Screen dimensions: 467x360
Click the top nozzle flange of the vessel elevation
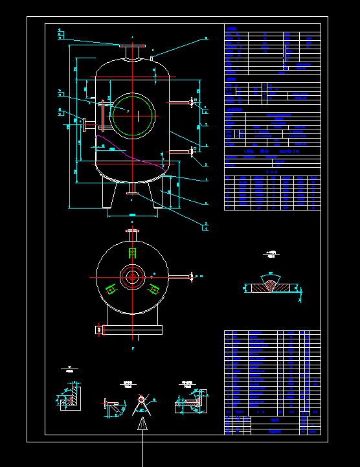coord(131,45)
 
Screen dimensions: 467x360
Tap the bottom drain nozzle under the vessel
coord(131,192)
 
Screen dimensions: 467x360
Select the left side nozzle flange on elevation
coord(84,124)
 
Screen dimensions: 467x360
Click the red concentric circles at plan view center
coord(132,277)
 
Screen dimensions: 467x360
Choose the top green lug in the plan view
coord(133,253)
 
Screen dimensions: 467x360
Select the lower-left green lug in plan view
coord(111,289)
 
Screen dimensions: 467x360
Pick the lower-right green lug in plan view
coord(153,289)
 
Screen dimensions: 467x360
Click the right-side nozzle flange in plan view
coord(192,277)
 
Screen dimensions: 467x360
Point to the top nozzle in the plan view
coord(132,231)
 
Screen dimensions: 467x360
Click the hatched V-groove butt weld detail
coord(271,286)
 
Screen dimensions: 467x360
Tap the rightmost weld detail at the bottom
coord(192,401)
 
